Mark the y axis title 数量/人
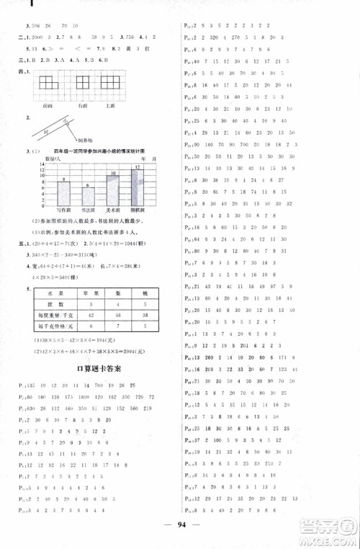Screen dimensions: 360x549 coord(55,158)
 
